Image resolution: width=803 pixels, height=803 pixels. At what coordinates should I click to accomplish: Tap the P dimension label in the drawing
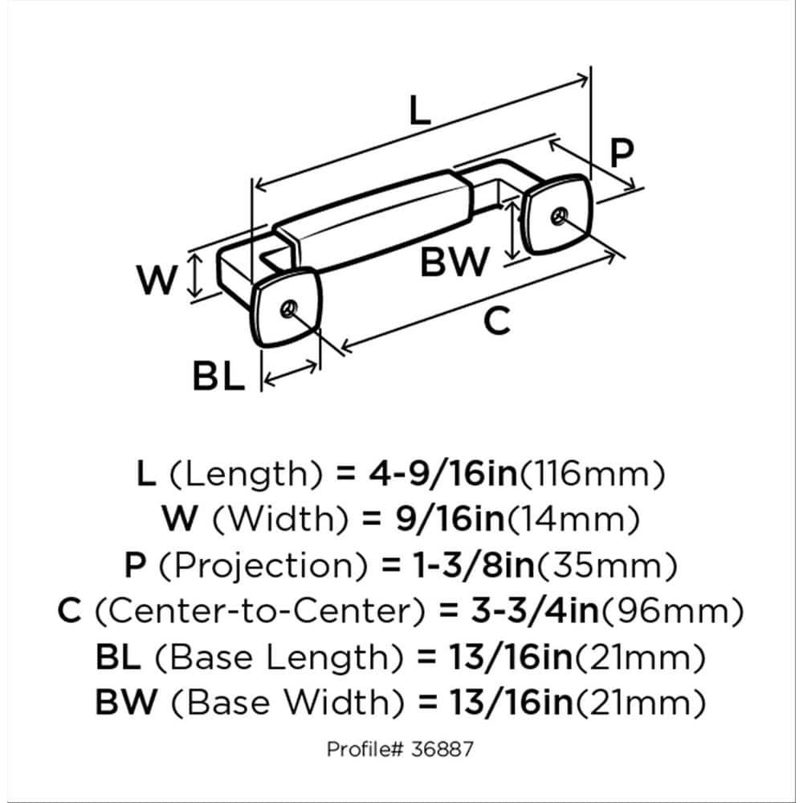(x=620, y=153)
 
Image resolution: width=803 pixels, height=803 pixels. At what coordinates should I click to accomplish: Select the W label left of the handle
(x=156, y=280)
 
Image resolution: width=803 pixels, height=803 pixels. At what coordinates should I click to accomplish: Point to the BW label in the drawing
(x=454, y=262)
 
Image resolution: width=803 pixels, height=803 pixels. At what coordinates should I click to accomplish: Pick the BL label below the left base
(x=218, y=375)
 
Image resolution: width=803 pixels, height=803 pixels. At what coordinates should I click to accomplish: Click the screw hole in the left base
(x=290, y=308)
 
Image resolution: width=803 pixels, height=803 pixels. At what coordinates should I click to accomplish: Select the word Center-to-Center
(x=259, y=613)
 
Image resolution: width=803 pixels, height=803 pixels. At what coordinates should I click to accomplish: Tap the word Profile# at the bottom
(x=363, y=749)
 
